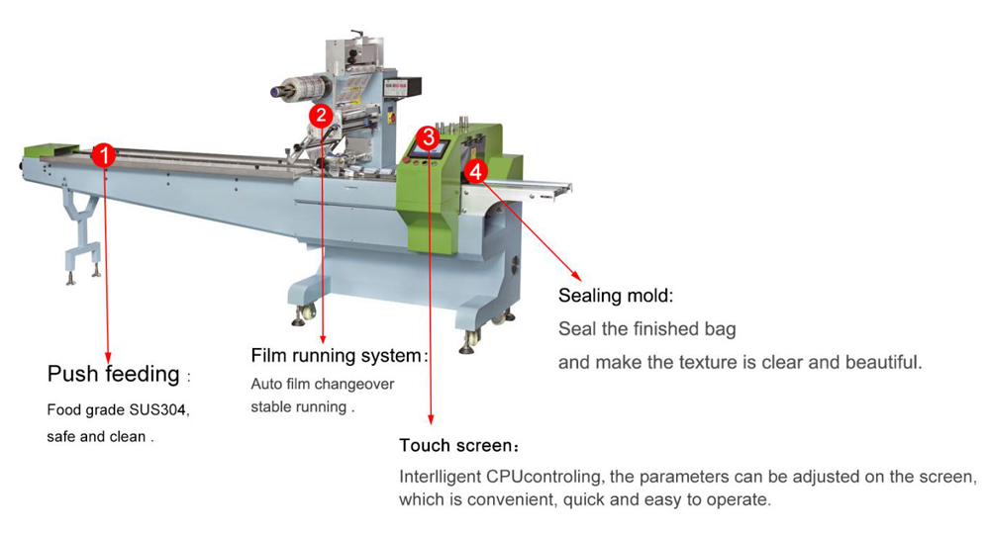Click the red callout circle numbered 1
(x=106, y=155)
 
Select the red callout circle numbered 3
(x=427, y=137)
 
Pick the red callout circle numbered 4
(x=476, y=170)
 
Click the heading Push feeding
(x=114, y=375)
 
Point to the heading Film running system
(x=337, y=355)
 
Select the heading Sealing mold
(x=616, y=296)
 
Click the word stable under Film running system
(x=271, y=406)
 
